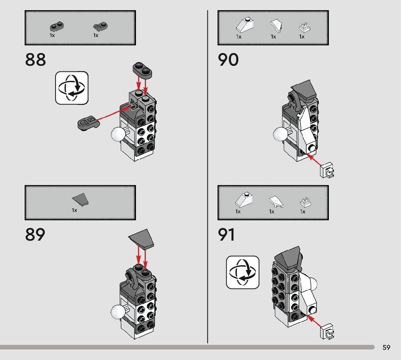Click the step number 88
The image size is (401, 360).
[x=36, y=60]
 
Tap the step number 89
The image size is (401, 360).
[x=35, y=235]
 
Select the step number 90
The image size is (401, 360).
[x=228, y=60]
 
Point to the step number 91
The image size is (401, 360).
[x=227, y=235]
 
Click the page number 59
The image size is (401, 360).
[x=386, y=348]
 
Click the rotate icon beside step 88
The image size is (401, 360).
[x=72, y=88]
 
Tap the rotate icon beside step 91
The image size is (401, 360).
[x=243, y=273]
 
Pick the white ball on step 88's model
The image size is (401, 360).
[x=117, y=134]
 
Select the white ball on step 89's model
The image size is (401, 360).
[x=117, y=311]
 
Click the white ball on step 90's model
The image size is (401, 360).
[x=280, y=135]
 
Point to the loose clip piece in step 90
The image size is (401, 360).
[x=327, y=170]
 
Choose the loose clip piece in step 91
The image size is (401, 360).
[x=327, y=332]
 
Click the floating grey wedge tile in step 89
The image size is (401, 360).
[x=142, y=238]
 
